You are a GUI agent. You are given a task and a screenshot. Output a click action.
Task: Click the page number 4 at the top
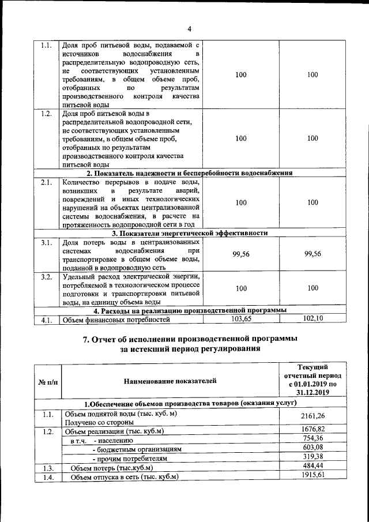point(189,29)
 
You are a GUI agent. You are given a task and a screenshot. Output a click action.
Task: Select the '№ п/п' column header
point(47,381)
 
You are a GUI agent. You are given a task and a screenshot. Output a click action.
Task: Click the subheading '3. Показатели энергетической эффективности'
point(190,233)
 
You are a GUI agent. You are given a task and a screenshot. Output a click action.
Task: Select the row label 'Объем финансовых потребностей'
point(116,319)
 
